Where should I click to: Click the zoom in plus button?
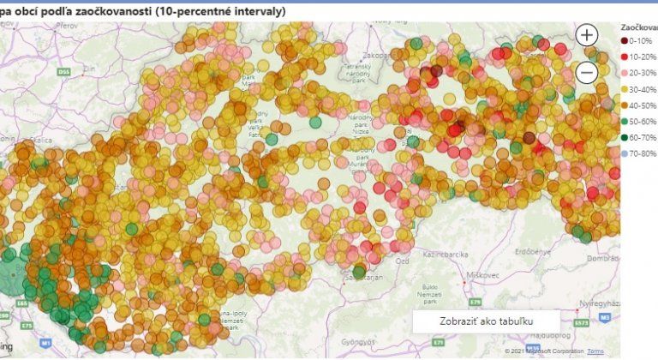(587, 35)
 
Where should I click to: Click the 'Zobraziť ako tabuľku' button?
(486, 321)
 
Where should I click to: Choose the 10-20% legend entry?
(639, 57)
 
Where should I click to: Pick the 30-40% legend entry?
(639, 89)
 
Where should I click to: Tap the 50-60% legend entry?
(639, 121)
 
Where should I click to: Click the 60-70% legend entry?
(639, 137)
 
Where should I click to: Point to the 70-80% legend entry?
(639, 153)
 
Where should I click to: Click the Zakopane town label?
(377, 55)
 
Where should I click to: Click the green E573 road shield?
(582, 322)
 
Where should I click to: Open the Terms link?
(595, 351)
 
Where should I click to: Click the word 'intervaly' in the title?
(254, 10)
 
